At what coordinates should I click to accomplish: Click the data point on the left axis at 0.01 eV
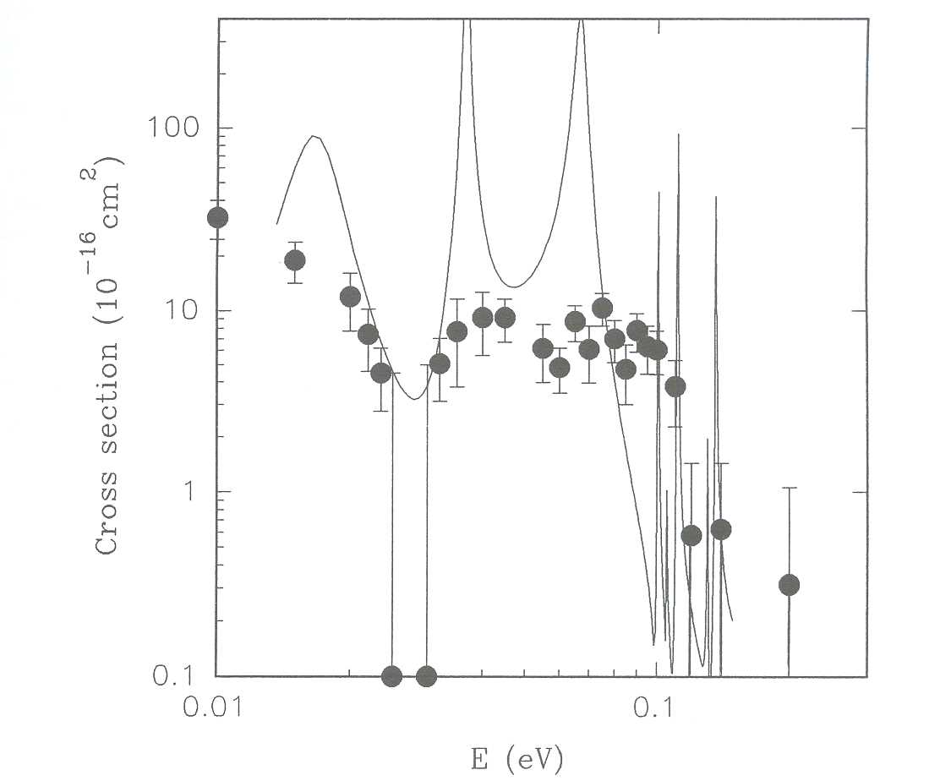[218, 218]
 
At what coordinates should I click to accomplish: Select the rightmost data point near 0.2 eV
[789, 585]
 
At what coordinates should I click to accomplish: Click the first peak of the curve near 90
[314, 136]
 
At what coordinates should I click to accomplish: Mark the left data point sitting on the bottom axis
[391, 676]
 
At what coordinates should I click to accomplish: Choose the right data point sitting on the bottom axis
[426, 676]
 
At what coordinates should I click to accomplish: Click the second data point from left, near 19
[295, 260]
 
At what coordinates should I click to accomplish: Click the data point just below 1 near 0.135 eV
[720, 530]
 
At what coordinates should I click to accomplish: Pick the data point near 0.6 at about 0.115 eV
[691, 536]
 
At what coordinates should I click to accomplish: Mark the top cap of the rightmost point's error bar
[789, 488]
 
